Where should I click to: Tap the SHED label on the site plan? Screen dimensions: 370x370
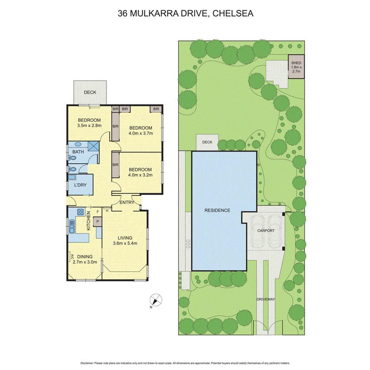pos(296,63)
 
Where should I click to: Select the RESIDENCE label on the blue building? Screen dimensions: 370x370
pos(217,210)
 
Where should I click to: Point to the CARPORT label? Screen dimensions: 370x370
pos(266,230)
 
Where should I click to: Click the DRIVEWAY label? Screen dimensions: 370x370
pos(266,299)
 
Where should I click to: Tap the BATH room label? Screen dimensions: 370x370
pos(77,152)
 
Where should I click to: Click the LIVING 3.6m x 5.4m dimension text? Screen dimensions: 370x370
pos(125,243)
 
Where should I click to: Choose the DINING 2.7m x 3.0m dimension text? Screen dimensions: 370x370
pos(85,262)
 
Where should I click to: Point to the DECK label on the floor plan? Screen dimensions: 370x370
pos(90,92)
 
